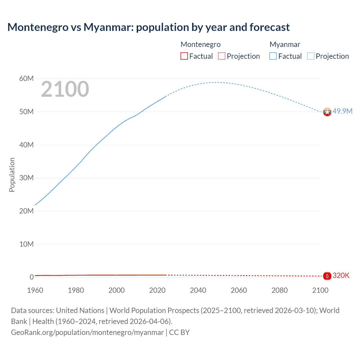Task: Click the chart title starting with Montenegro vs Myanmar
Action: [148, 27]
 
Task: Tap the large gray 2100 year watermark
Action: [65, 89]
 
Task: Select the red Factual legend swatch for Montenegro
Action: [184, 56]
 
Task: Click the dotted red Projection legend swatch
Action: [222, 56]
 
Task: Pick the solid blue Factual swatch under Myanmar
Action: [273, 56]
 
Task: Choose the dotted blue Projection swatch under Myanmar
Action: [311, 56]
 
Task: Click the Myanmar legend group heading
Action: [285, 44]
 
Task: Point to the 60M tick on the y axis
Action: [26, 78]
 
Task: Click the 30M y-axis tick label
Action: [26, 178]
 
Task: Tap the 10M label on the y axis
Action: [26, 244]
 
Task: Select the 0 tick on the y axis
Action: [31, 277]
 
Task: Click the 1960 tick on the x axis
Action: [35, 290]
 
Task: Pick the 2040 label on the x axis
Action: [198, 290]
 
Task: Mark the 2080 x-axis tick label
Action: [280, 290]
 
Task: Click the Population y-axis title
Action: [12, 175]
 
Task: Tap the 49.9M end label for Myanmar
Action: [342, 111]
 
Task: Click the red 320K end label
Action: [341, 275]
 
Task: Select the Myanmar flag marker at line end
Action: [327, 112]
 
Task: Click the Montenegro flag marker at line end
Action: [327, 276]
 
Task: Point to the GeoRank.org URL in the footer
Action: [87, 332]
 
